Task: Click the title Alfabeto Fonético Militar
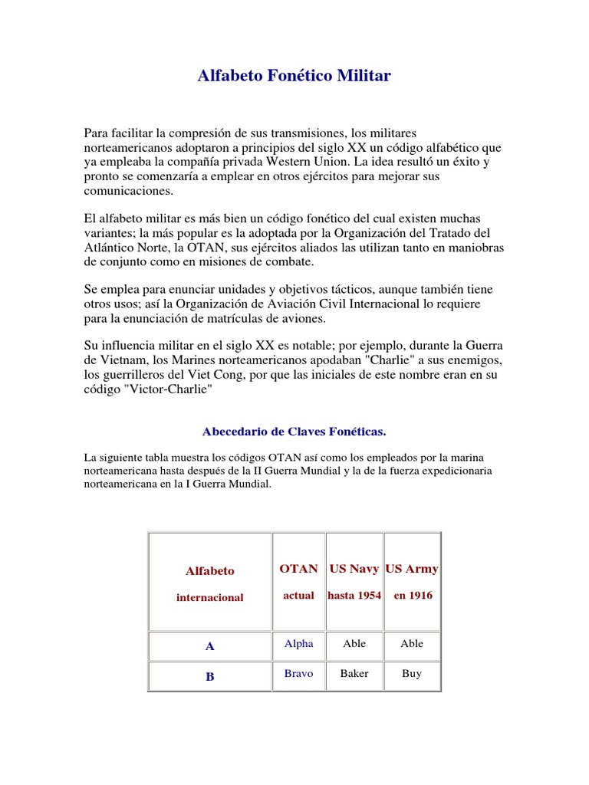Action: point(294,76)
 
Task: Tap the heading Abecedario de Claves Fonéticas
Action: point(294,432)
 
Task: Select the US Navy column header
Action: point(354,569)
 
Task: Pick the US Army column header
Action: point(412,569)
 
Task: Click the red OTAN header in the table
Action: point(298,569)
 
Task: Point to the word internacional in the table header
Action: point(209,598)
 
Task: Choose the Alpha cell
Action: point(298,644)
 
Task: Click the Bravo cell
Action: point(298,674)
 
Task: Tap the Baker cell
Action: point(354,674)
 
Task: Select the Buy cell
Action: point(412,674)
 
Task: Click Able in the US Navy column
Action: point(354,644)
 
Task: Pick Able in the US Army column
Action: point(412,644)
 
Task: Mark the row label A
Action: point(209,647)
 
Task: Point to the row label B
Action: point(209,677)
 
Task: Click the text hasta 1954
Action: point(354,596)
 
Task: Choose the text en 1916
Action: point(413,596)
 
